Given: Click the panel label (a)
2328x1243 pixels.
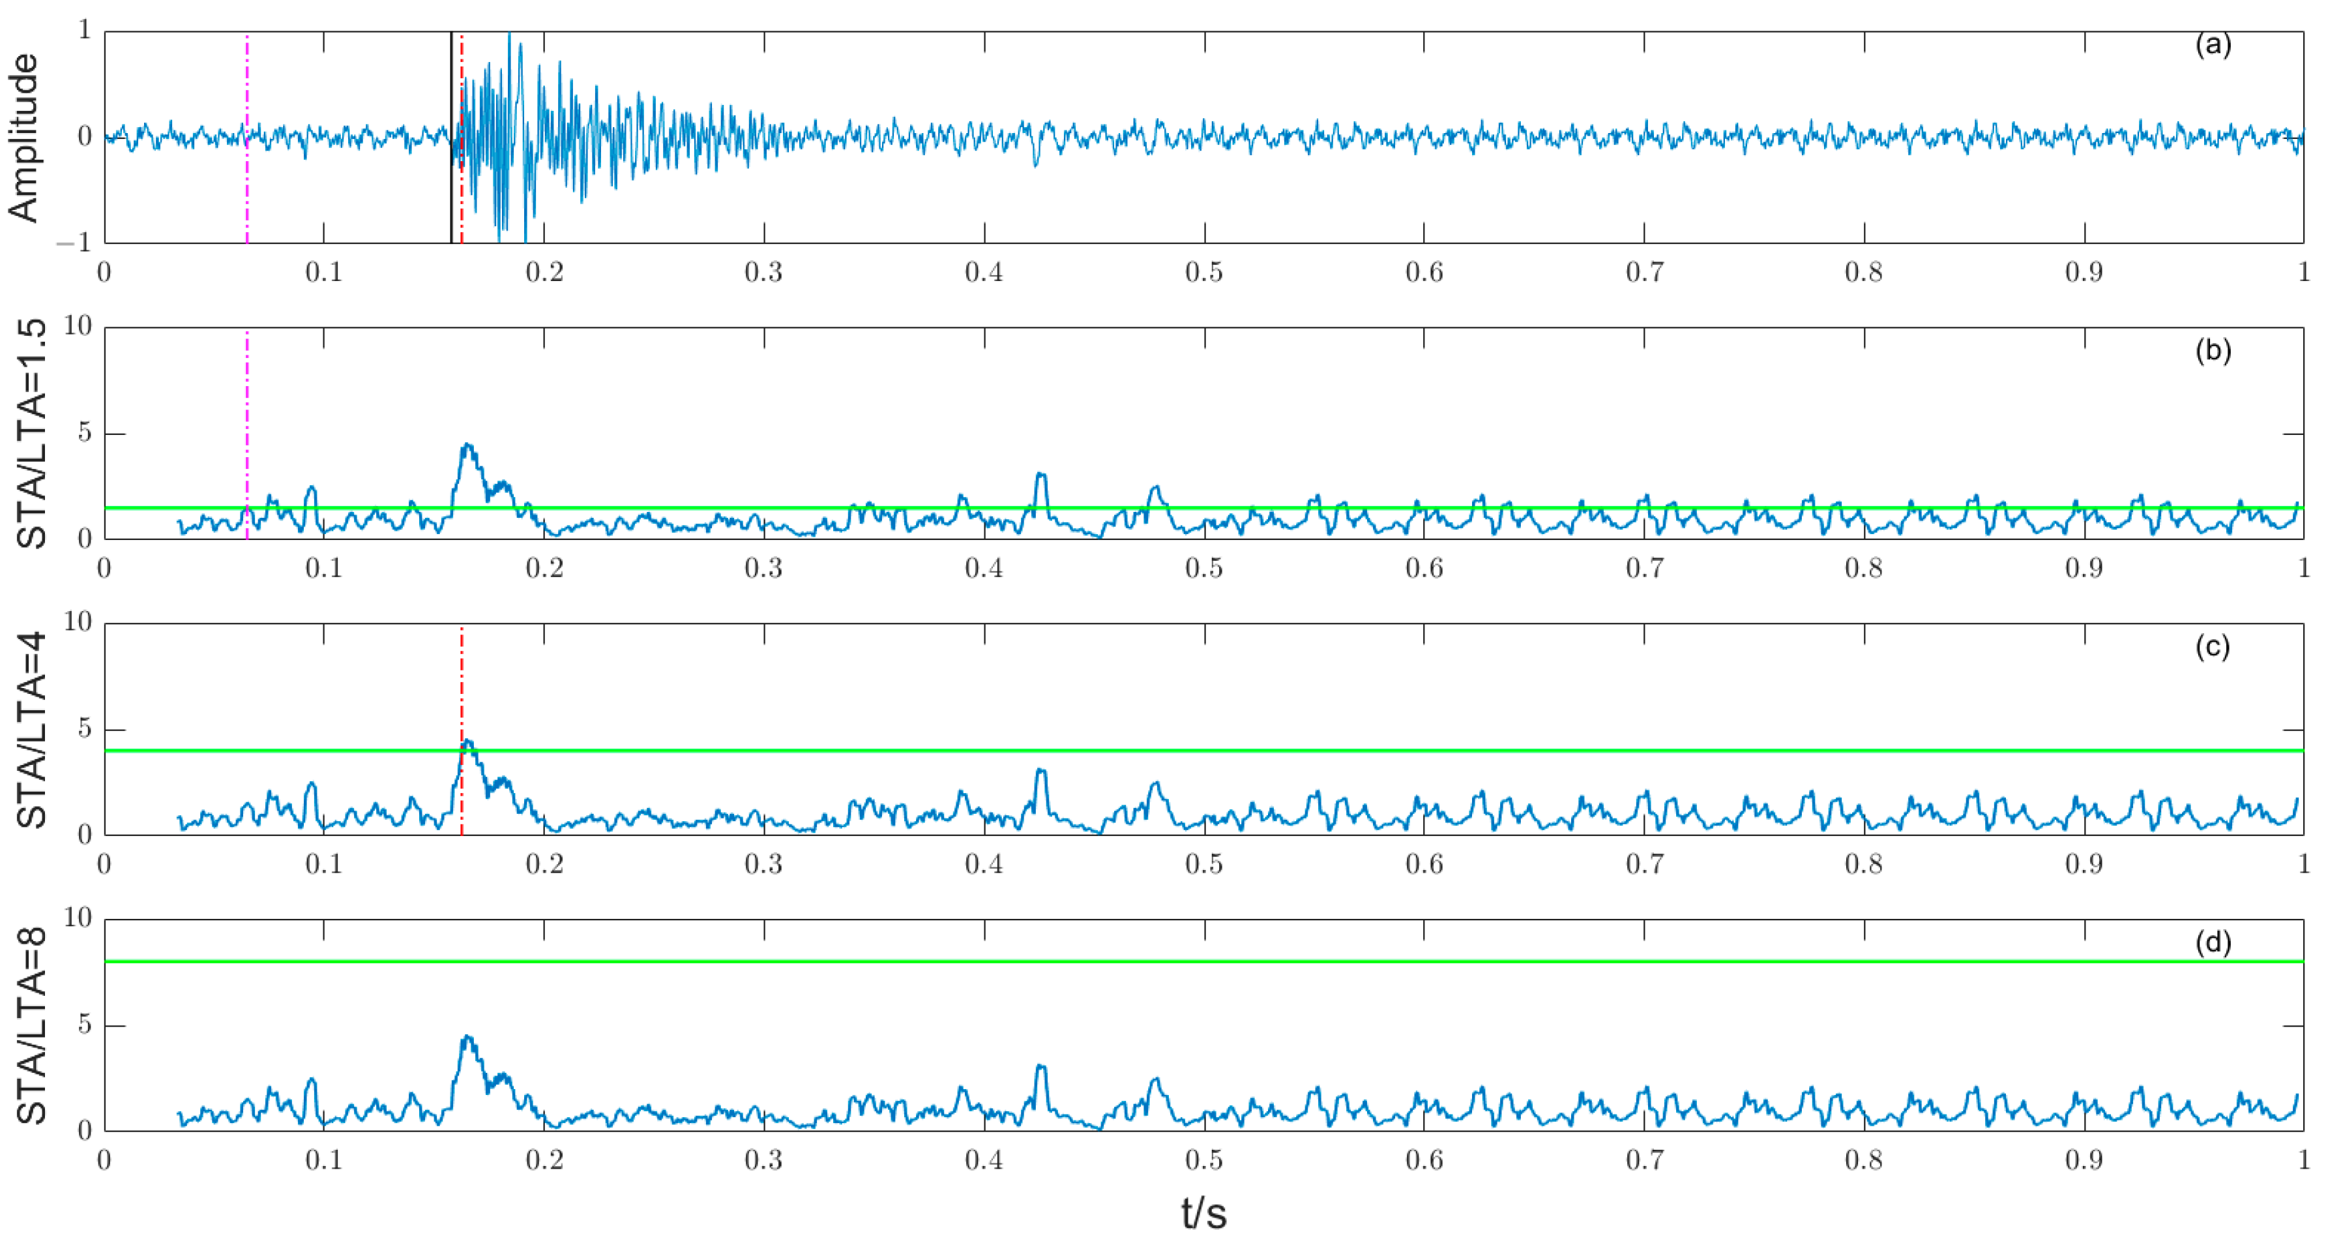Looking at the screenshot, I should coord(2213,44).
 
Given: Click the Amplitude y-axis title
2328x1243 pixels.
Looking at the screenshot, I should coord(24,138).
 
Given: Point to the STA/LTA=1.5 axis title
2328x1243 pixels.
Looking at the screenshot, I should coord(32,433).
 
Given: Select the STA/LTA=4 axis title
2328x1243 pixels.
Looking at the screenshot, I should coord(32,730).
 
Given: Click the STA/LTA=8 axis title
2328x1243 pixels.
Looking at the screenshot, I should coord(32,1025).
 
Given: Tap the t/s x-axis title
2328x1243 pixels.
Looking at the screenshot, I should coord(1203,1212).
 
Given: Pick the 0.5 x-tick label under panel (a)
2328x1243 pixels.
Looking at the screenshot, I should coord(1203,272).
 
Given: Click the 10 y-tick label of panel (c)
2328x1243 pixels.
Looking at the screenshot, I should coord(78,622).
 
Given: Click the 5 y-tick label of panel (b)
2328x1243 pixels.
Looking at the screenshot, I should coord(84,432).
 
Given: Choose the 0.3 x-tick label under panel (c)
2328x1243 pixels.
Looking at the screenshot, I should coord(763,864).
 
